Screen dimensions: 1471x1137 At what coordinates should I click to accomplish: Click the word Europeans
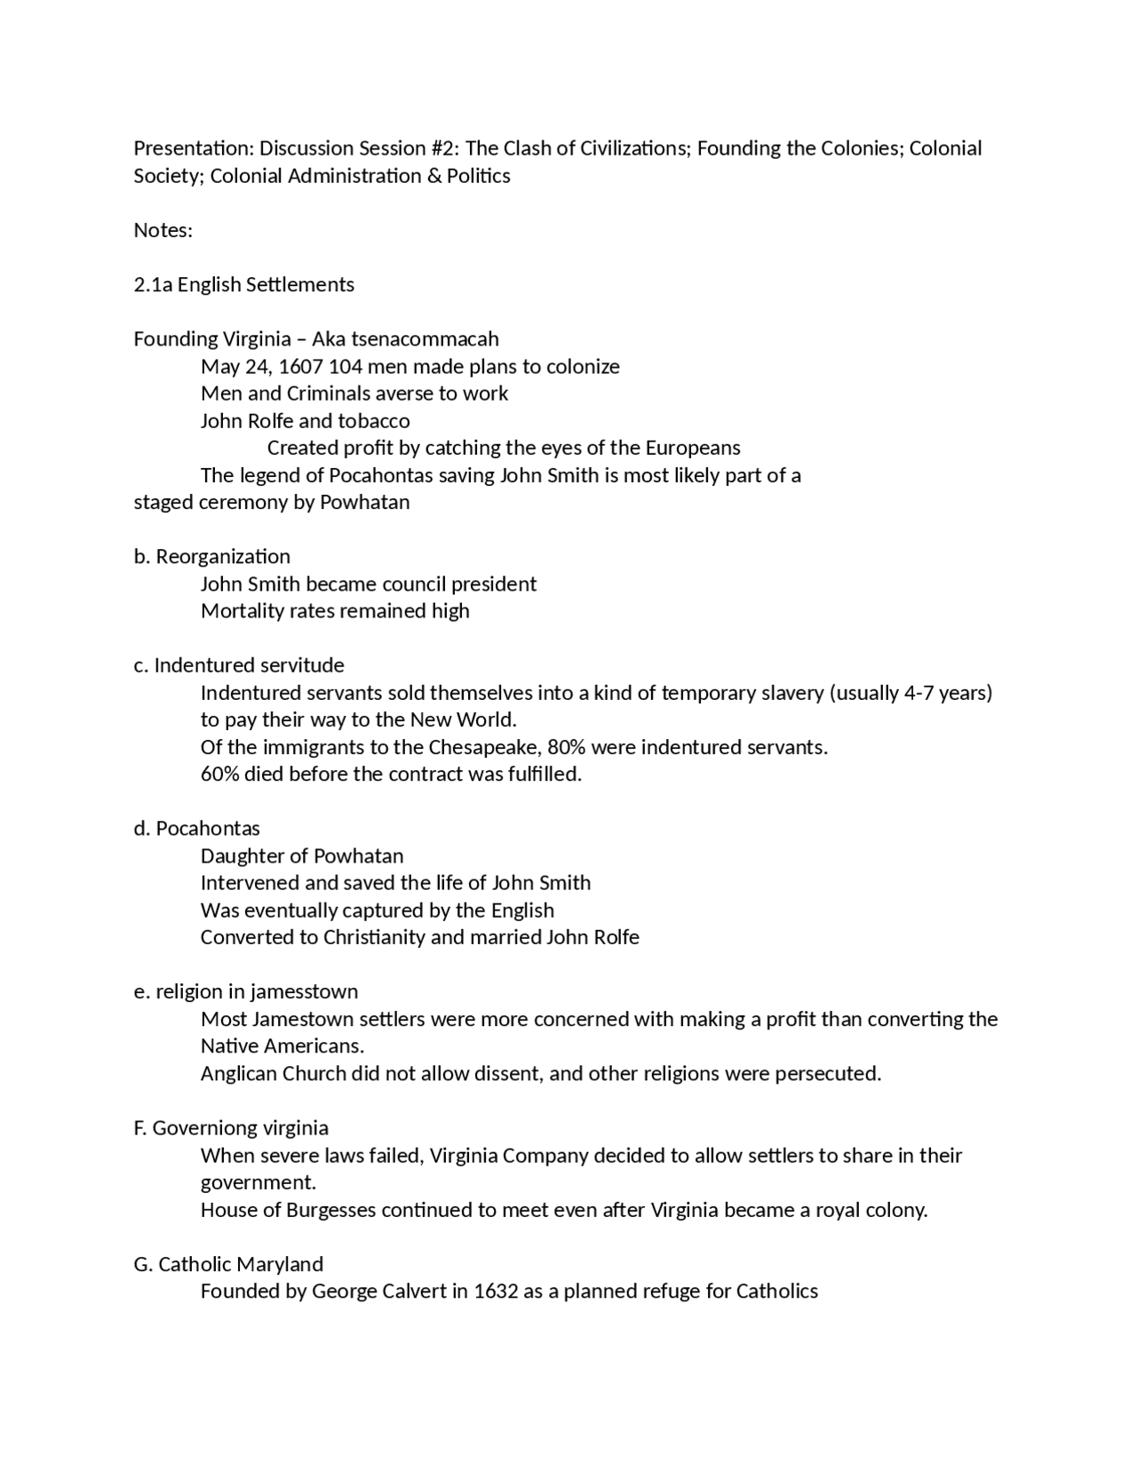point(692,448)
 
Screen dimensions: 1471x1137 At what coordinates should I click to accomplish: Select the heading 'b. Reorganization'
point(212,557)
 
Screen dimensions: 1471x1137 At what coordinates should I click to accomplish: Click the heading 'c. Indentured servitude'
point(239,665)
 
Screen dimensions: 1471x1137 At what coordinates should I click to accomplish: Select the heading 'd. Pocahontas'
point(197,829)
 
